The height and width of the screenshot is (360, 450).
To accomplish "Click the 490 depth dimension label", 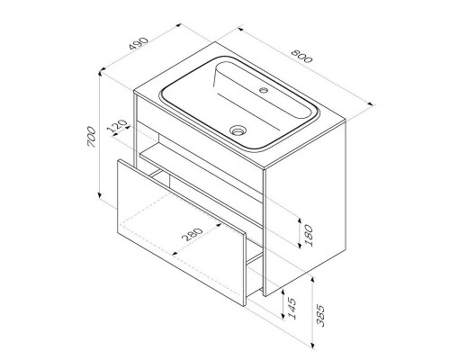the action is coord(139,43).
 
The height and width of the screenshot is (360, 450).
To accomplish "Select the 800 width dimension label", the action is coord(301,56).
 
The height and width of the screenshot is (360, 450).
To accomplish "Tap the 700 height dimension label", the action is coord(92,138).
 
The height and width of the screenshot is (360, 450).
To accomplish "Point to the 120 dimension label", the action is coord(117,126).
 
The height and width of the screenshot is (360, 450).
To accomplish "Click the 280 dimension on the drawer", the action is coord(193,235).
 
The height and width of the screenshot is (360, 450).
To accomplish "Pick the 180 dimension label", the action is coord(308,236).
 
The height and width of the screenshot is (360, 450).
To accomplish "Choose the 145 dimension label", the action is coord(291,309).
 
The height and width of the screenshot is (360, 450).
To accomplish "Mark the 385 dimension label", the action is coord(320,316).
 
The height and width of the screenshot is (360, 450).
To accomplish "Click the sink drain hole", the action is coord(238,130).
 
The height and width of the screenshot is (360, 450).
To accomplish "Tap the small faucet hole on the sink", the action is coord(264,89).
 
